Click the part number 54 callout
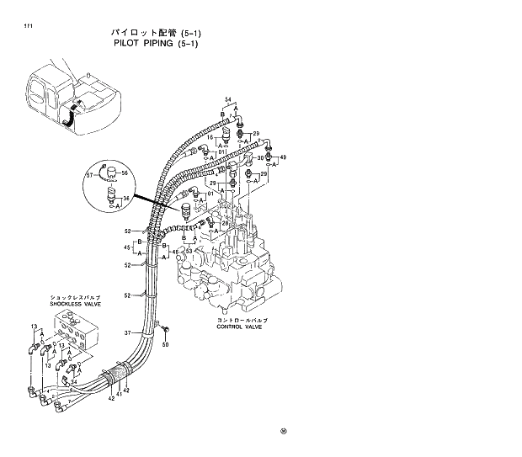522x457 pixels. click(226, 101)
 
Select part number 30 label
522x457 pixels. click(260, 157)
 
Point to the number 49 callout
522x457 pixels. click(283, 157)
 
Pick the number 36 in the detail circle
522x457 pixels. click(125, 199)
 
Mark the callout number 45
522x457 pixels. click(127, 247)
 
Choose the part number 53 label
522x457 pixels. click(189, 251)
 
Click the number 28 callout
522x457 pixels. click(225, 223)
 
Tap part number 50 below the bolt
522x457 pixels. click(166, 344)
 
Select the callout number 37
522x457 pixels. click(128, 333)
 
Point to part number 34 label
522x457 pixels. click(74, 382)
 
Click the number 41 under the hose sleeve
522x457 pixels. click(119, 395)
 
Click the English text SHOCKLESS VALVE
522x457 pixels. click(75, 305)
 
